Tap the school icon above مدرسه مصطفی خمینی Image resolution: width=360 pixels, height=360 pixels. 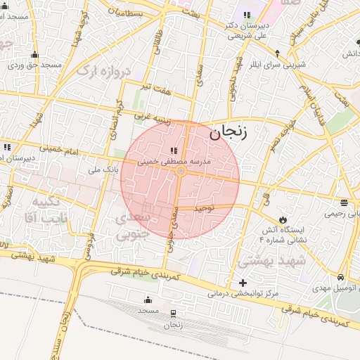pos(173,150)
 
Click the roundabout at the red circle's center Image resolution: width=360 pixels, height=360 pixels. pos(181,172)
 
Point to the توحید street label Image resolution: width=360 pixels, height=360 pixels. pos(203,209)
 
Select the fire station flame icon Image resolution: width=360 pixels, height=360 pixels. pos(283,219)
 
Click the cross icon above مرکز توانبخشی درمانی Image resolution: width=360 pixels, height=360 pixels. pos(243,283)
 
